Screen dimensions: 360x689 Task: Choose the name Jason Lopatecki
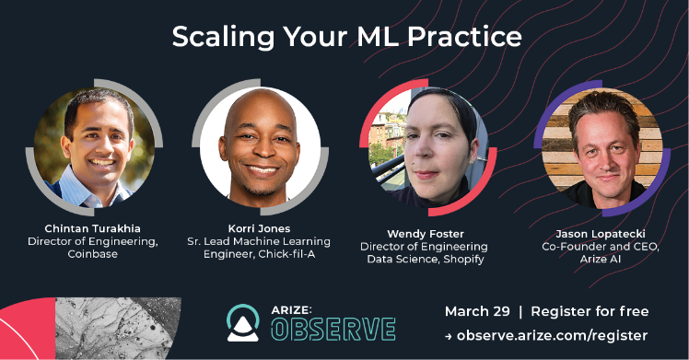click(602, 234)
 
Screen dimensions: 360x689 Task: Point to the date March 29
click(479, 310)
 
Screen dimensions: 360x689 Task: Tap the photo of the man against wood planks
click(602, 147)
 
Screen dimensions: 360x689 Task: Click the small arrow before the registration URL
click(449, 337)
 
